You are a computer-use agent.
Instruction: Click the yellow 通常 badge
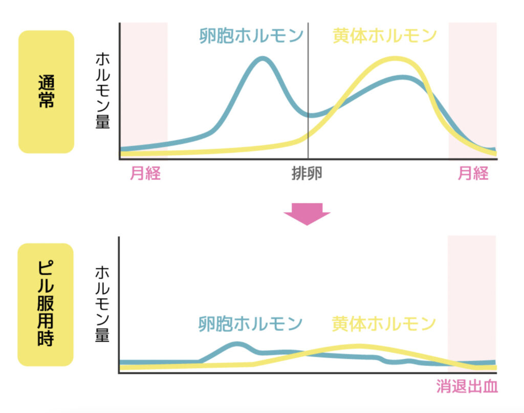46,92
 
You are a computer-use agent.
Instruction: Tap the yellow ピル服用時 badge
46,305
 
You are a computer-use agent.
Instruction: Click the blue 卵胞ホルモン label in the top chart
251,35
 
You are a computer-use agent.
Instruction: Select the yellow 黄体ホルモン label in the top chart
384,35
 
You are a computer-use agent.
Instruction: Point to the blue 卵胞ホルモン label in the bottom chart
251,323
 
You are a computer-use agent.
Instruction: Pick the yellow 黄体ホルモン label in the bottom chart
384,323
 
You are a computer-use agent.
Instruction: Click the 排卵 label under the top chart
307,174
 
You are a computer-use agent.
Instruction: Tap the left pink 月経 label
145,174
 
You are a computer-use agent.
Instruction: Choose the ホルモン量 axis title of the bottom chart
102,303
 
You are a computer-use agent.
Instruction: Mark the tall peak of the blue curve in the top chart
263,58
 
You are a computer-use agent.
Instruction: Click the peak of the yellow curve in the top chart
395,59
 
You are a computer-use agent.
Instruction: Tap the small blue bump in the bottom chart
236,344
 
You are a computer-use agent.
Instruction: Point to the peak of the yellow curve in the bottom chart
360,346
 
